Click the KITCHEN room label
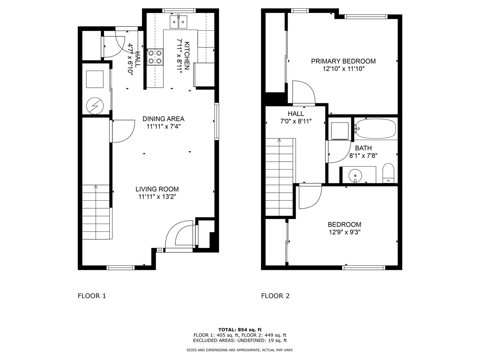(187, 56)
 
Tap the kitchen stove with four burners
(155, 57)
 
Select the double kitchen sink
(178, 22)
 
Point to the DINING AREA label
(163, 119)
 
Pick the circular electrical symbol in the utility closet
(95, 106)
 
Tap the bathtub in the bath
(375, 129)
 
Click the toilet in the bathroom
(388, 173)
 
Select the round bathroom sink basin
(355, 175)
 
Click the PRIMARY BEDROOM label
(343, 61)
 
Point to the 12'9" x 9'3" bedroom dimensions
(345, 232)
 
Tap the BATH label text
(363, 148)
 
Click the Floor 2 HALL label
(296, 114)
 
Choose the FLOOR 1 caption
(92, 296)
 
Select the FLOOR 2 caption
(275, 296)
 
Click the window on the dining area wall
(217, 121)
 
